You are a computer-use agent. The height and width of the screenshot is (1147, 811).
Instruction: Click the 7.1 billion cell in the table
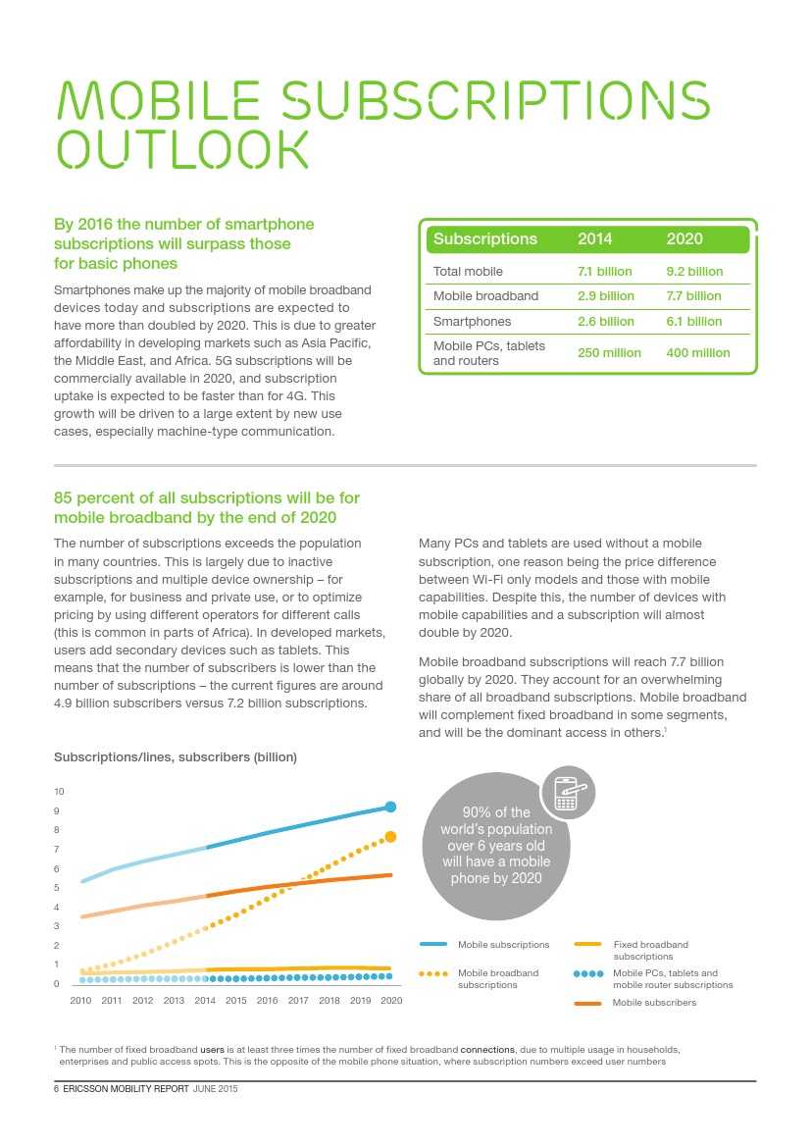coord(604,272)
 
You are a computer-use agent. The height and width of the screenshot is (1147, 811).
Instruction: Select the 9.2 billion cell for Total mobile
coord(693,272)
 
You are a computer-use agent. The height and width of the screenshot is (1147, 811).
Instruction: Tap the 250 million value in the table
coord(609,353)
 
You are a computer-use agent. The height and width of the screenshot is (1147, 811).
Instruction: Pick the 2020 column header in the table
coord(684,239)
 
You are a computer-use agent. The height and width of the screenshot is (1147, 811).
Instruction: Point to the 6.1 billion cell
coord(693,322)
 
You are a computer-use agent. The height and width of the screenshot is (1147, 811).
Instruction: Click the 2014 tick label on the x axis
coord(205,1001)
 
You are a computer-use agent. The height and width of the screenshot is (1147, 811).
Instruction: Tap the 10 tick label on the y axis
coord(59,792)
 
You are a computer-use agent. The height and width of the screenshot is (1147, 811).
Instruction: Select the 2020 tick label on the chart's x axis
coord(391,1001)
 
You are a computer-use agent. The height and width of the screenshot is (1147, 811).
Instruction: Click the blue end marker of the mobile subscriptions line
coord(390,807)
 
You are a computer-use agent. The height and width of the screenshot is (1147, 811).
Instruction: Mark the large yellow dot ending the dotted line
coord(390,837)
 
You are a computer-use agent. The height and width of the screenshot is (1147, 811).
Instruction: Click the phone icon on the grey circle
coord(567,793)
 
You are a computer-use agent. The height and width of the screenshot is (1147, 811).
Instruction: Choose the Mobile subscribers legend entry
coord(654,1003)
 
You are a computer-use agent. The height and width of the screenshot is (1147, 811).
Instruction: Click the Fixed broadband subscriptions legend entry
coord(650,950)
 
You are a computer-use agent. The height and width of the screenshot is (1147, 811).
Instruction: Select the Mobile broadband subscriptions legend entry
coord(497,978)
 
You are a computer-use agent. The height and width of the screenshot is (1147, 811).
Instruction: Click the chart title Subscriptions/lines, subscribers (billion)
coord(175,757)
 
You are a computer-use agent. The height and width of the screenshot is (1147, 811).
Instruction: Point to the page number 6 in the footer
coord(56,1089)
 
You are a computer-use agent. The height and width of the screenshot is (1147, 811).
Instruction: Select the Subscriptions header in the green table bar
coord(485,239)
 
